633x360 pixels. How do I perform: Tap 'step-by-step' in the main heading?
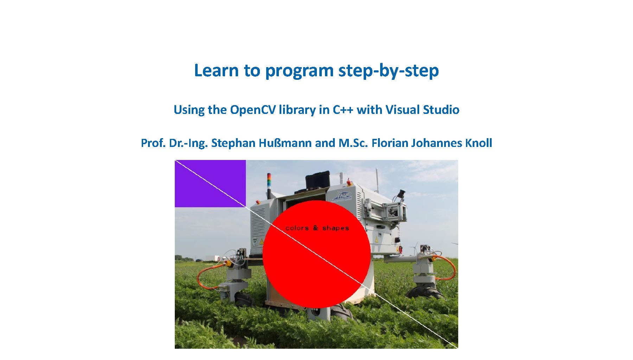pyautogui.click(x=388, y=71)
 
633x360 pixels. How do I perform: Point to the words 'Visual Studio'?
pyautogui.click(x=422, y=110)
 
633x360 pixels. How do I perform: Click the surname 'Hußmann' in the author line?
pyautogui.click(x=285, y=143)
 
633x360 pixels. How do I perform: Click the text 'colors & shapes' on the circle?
pyautogui.click(x=317, y=228)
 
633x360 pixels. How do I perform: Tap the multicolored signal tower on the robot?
pyautogui.click(x=269, y=181)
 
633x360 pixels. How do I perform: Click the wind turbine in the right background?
pyautogui.click(x=415, y=246)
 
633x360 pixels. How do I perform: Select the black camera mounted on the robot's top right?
pyautogui.click(x=401, y=194)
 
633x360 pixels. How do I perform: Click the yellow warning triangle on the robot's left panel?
pyautogui.click(x=261, y=242)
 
